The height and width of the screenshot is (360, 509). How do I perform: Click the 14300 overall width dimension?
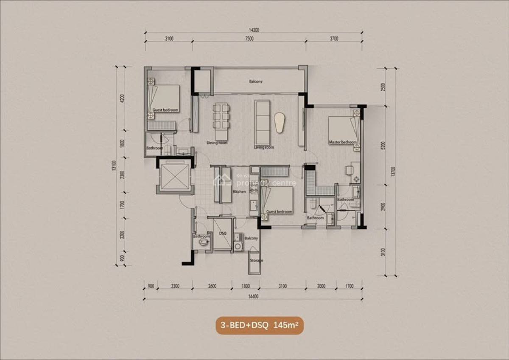pos(254,30)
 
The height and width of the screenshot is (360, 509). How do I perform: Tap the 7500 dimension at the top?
pos(249,39)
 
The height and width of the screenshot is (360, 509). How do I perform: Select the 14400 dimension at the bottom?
pos(253,296)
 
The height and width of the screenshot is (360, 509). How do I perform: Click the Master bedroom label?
pos(342,142)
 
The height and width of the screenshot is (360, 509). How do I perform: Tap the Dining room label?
pos(217,143)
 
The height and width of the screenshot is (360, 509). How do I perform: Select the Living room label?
pos(264,147)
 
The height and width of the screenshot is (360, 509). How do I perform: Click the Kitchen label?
pos(239,192)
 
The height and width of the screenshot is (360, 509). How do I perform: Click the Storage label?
pos(256,260)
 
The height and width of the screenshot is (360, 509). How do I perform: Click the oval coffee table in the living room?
pos(280,122)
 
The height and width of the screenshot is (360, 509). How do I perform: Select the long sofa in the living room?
pos(262,121)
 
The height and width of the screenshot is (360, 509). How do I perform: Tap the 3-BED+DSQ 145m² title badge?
pos(260,326)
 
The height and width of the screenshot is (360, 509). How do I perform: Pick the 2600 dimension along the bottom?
pos(212,286)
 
